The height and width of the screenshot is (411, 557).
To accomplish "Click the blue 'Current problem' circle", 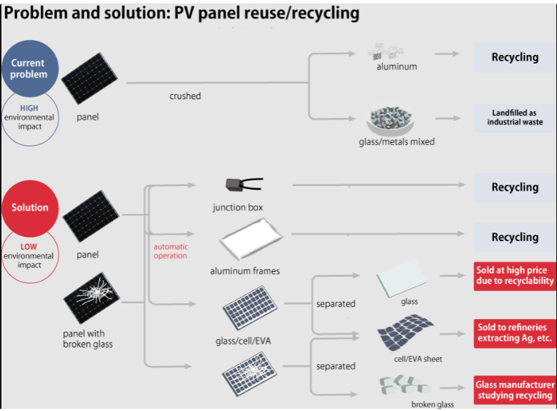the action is [30, 68].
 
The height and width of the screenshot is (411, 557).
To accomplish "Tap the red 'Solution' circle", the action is [30, 208].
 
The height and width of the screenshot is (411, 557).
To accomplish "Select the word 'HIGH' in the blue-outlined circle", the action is [29, 108].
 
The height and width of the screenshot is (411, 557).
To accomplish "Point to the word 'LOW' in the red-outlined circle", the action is [29, 247].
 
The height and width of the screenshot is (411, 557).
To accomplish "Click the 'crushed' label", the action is [185, 96].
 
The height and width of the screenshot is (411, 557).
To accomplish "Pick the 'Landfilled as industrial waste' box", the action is [515, 118].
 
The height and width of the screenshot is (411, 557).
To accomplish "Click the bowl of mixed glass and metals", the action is [391, 121].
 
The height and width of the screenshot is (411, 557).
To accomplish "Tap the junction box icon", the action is [244, 185].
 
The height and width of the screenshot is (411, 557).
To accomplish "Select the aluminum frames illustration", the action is [251, 239].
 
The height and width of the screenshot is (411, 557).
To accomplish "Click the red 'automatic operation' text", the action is [171, 251].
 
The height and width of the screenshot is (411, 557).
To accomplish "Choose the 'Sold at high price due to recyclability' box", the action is [515, 275].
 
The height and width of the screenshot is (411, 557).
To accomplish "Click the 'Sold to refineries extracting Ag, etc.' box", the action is [515, 333].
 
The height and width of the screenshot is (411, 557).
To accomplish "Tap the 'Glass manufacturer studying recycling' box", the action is [515, 390].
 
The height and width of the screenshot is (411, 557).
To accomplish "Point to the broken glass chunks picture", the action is [405, 385].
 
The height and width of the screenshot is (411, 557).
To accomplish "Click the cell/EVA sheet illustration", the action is [405, 333].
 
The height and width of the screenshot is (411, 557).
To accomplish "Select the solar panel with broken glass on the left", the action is [91, 298].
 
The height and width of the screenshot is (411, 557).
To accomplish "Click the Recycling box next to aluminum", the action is [515, 58].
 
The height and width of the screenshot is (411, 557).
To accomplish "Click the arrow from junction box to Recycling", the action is [378, 185].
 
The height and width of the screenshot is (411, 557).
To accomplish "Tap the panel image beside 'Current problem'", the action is [89, 78].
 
